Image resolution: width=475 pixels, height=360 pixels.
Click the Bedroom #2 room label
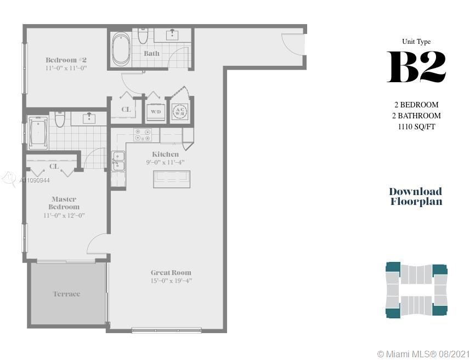(66, 60)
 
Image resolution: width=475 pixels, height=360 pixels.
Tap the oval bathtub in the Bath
(121, 49)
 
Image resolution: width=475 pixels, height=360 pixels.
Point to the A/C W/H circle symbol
(180, 111)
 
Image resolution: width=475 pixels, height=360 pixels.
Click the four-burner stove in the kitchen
(143, 135)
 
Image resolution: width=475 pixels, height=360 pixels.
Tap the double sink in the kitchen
(118, 161)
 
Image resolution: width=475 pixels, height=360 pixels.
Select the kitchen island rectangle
(172, 179)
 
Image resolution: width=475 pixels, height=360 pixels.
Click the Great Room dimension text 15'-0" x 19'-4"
(171, 281)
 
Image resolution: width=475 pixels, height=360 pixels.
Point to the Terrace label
(67, 294)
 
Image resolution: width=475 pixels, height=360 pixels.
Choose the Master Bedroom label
(64, 203)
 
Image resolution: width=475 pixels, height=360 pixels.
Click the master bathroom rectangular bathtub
(38, 133)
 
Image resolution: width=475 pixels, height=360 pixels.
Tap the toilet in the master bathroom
(60, 119)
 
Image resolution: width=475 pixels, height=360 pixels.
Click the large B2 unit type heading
(416, 67)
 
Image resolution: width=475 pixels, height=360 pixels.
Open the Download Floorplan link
(416, 196)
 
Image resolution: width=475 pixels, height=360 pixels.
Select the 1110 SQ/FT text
(416, 127)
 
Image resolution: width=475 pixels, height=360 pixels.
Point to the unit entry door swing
(292, 44)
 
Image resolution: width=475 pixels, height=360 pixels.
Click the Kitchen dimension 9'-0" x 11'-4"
(165, 162)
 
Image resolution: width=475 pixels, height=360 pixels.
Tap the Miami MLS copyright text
(423, 353)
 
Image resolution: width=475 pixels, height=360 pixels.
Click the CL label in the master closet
(54, 166)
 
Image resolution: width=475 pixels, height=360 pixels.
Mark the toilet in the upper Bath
(143, 36)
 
